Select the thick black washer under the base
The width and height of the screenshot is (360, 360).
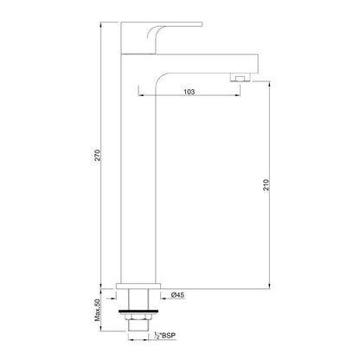pos(138,307)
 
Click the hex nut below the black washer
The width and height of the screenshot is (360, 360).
pos(138,318)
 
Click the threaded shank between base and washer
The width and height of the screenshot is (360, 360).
pos(138,299)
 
